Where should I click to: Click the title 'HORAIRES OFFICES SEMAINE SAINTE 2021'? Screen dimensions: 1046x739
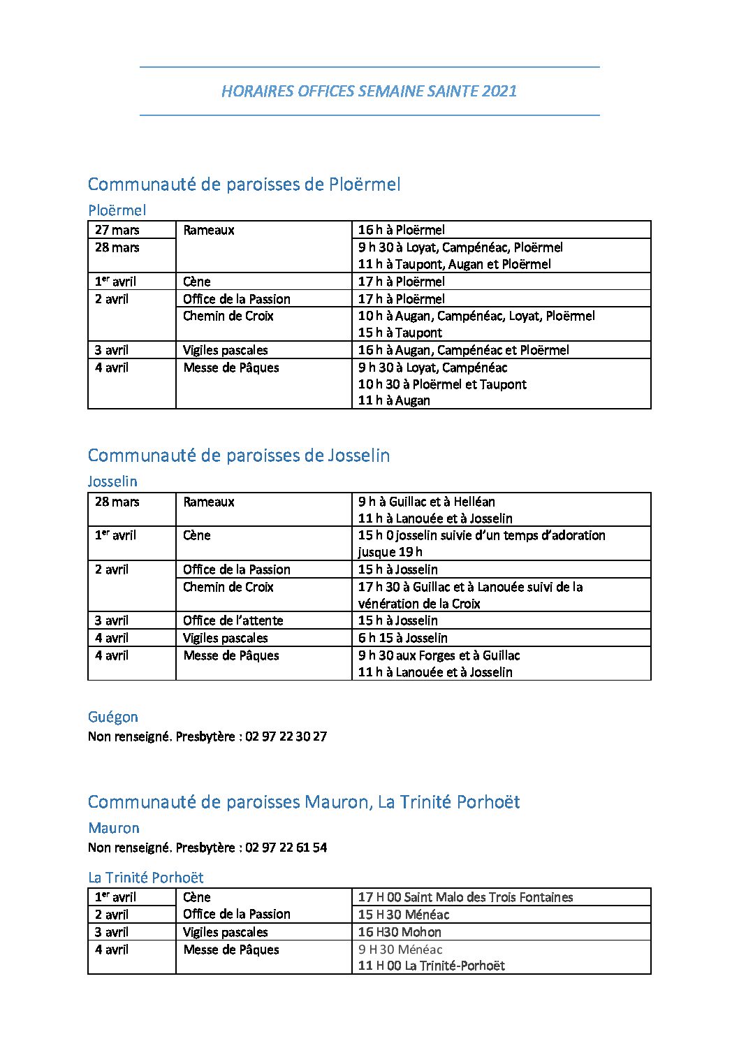click(369, 91)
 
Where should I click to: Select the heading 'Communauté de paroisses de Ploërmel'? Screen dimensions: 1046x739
click(244, 184)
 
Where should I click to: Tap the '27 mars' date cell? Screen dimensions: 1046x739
click(117, 230)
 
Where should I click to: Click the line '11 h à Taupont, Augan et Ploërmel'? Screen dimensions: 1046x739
click(454, 264)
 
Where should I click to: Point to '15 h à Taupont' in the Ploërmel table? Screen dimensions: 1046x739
click(400, 333)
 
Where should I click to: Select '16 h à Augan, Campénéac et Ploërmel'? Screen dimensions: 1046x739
click(463, 350)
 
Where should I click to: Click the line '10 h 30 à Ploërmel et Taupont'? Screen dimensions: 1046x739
click(442, 384)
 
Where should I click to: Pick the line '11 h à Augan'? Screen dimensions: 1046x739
click(394, 400)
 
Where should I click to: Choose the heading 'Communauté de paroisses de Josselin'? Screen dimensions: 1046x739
click(239, 456)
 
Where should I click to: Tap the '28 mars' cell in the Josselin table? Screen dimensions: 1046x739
click(117, 502)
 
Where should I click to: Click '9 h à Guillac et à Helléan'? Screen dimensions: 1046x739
click(426, 502)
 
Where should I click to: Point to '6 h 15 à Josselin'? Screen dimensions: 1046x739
click(402, 638)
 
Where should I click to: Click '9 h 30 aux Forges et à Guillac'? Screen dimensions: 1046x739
click(439, 655)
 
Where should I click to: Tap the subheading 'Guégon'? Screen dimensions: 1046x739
click(113, 717)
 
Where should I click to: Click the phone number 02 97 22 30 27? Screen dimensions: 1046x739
click(286, 736)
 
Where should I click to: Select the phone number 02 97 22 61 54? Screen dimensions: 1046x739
click(286, 848)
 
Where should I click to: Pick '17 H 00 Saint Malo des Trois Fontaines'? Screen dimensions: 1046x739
click(465, 897)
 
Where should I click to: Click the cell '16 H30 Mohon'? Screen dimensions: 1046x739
click(400, 932)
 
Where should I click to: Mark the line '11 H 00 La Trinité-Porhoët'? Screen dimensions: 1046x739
click(431, 966)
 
